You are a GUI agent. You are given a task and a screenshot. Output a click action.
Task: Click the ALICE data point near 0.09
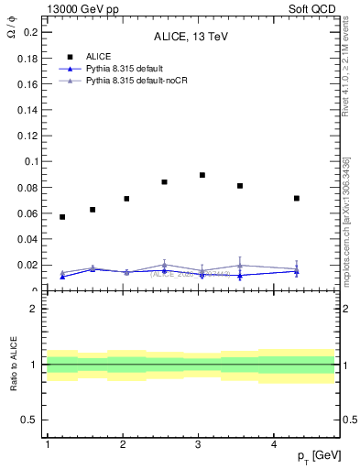point(202,175)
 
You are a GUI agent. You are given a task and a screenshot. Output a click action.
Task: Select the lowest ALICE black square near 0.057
point(62,217)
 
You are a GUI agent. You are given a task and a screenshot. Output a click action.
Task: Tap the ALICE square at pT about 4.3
point(297,198)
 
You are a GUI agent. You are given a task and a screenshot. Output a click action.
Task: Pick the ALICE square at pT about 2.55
point(164,182)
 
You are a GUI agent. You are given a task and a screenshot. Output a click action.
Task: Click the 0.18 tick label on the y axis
point(28,58)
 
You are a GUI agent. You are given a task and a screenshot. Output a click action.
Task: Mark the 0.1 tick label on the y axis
point(31,161)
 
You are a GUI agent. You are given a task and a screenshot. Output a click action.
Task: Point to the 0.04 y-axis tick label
point(28,239)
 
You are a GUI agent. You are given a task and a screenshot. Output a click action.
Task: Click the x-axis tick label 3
point(199,444)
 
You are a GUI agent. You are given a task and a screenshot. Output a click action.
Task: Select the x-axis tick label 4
point(275,444)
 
